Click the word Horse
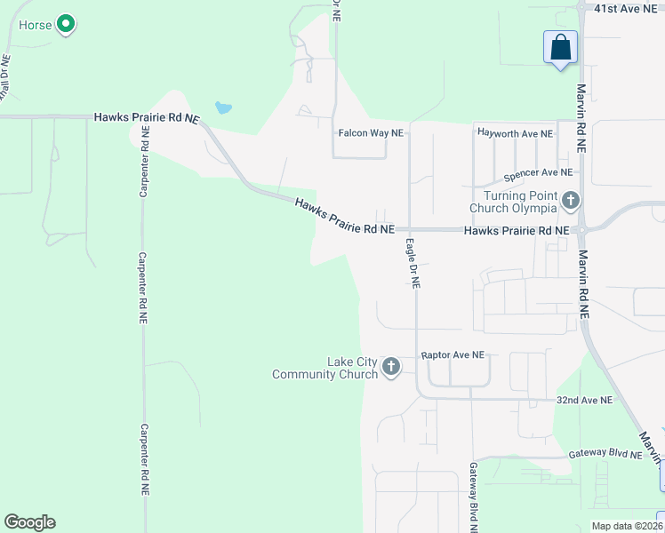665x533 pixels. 35,24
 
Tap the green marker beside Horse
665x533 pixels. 65,25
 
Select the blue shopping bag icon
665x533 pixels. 561,47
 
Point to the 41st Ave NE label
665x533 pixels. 617,7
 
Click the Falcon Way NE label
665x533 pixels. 371,133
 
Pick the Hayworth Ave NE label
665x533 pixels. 516,133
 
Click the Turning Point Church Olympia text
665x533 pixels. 520,202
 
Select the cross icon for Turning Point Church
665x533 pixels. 570,202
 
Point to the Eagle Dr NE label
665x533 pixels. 413,264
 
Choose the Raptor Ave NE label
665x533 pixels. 453,354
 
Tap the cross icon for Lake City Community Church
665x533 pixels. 390,366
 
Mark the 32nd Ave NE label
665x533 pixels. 584,401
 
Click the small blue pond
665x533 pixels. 223,108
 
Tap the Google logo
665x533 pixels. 29,522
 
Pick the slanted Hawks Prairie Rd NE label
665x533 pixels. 344,217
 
